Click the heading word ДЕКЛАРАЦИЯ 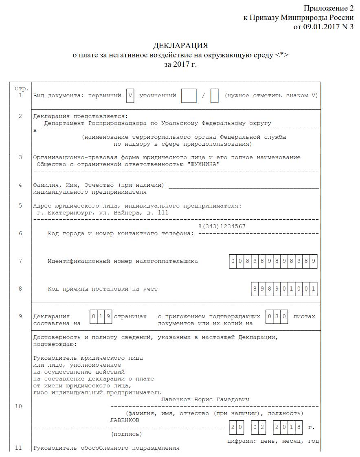click(180, 45)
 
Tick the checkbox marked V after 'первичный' click(130, 96)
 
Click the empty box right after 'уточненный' click(189, 96)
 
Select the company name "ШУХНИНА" click(204, 164)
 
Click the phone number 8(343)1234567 click(222, 226)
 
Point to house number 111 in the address click(163, 212)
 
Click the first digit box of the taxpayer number click(233, 261)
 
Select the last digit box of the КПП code click(314, 289)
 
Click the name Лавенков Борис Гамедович click(205, 400)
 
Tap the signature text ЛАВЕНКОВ click(125, 420)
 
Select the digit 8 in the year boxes click(299, 427)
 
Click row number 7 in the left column click(20, 261)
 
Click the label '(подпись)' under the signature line click(127, 434)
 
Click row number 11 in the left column click(18, 448)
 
